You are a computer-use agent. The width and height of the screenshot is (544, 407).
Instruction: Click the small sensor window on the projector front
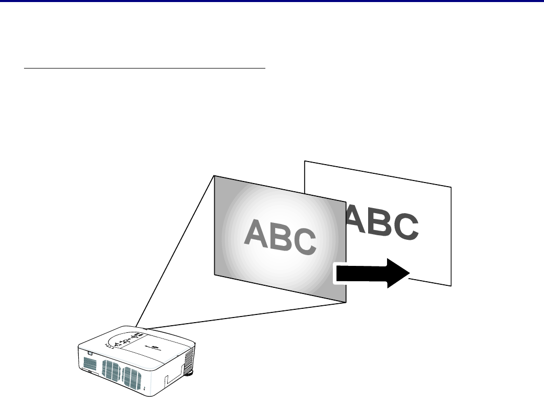(x=89, y=352)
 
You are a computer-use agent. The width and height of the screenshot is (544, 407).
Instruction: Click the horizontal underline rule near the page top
(x=145, y=66)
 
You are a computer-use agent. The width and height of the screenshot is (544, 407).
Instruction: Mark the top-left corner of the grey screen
(x=214, y=175)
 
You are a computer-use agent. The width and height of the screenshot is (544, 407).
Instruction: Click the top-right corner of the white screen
(x=451, y=187)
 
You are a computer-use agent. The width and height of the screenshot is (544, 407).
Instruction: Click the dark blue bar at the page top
(x=272, y=1)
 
